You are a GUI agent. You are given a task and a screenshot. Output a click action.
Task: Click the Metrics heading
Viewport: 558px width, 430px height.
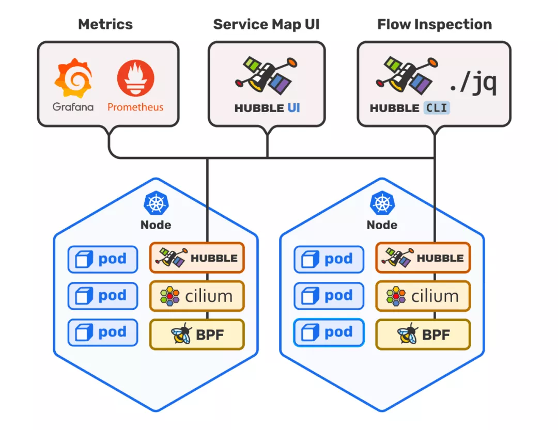(105, 24)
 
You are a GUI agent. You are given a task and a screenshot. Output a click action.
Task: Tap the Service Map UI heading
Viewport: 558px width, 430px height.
(267, 24)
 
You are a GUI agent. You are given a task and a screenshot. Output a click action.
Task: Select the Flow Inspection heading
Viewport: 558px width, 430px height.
(435, 24)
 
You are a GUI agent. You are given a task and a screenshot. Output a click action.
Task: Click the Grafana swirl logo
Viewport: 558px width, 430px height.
(73, 79)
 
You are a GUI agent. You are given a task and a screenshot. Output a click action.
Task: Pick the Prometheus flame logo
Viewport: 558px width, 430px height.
(135, 79)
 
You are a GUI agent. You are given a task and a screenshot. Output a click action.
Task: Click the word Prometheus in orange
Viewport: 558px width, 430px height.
(135, 107)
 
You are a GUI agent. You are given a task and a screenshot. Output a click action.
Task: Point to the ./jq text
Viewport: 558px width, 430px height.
(472, 83)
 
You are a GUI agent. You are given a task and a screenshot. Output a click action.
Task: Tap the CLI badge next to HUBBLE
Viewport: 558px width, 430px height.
(437, 108)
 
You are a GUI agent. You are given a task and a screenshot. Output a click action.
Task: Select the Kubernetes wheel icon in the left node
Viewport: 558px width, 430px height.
(156, 203)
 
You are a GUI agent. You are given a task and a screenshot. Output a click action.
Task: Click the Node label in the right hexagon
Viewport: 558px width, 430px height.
(382, 225)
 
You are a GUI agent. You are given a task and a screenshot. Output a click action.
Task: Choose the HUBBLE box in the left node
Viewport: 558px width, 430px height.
(196, 258)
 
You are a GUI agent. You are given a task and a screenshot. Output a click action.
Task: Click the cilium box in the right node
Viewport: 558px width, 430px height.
(423, 296)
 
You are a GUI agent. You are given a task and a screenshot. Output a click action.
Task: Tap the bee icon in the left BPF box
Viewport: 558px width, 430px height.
(181, 335)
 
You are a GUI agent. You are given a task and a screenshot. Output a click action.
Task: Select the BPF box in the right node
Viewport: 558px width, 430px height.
(423, 335)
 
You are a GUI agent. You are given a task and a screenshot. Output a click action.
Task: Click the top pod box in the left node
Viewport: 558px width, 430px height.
(103, 259)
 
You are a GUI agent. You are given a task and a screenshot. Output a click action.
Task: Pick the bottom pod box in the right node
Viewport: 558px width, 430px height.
(329, 332)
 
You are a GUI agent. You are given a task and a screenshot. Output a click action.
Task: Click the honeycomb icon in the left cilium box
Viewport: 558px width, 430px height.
(169, 296)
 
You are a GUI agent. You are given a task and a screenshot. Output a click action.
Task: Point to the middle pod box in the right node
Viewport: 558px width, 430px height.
(329, 296)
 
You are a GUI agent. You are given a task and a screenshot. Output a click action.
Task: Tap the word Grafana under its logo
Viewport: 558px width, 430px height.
(73, 107)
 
